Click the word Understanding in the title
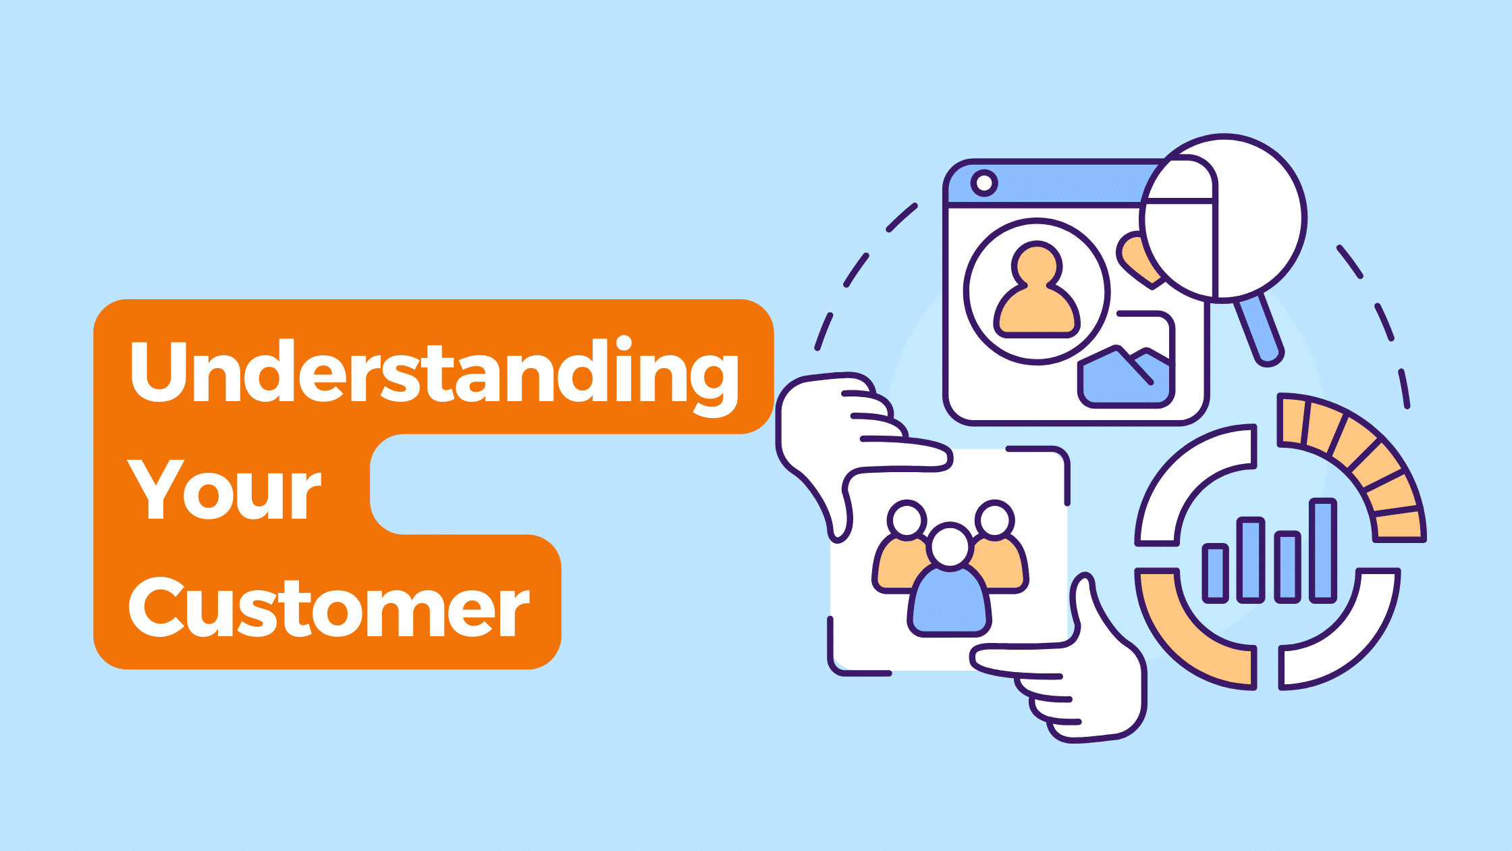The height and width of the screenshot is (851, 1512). tap(433, 376)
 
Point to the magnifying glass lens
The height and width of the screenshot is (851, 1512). tap(1223, 218)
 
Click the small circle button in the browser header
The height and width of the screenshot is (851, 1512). tap(984, 182)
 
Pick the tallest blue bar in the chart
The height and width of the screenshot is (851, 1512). tap(1323, 550)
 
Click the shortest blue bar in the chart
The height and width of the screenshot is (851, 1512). tap(1215, 573)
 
